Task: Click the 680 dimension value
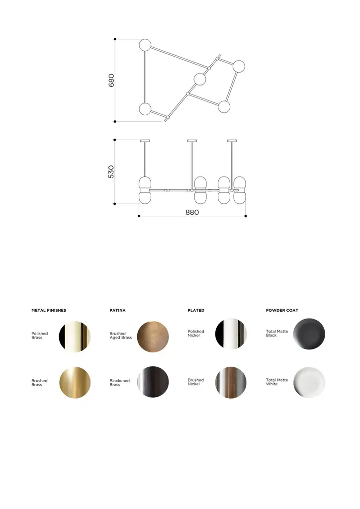click(x=111, y=80)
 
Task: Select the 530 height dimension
click(x=111, y=171)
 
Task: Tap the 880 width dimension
click(x=192, y=212)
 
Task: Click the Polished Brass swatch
click(x=75, y=336)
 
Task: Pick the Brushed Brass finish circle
click(x=75, y=383)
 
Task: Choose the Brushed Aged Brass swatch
click(x=153, y=337)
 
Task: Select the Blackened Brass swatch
click(x=153, y=382)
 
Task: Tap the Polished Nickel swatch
click(x=231, y=334)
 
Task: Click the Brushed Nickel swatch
click(x=231, y=382)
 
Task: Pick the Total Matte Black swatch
click(x=309, y=334)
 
